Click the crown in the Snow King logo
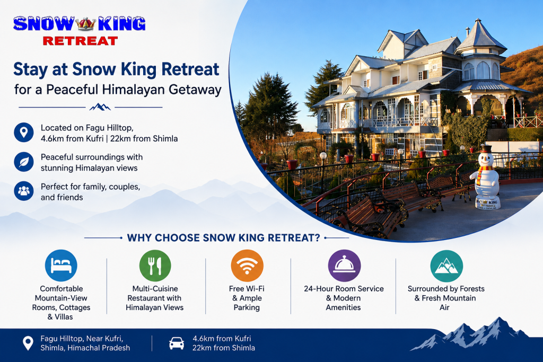pyautogui.click(x=85, y=24)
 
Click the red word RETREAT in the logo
pyautogui.click(x=81, y=41)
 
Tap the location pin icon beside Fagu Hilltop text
pyautogui.click(x=23, y=132)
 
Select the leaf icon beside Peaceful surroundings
pyautogui.click(x=23, y=162)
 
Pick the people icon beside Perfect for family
pyautogui.click(x=23, y=191)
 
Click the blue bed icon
pyautogui.click(x=61, y=266)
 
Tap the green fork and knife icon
pyautogui.click(x=155, y=266)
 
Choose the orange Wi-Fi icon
pyautogui.click(x=247, y=266)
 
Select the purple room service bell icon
pyautogui.click(x=344, y=266)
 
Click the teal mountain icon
pyautogui.click(x=446, y=266)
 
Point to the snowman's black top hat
pyautogui.click(x=486, y=149)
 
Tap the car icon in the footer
pyautogui.click(x=177, y=343)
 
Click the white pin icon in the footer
pyautogui.click(x=28, y=343)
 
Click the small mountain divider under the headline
pyautogui.click(x=100, y=107)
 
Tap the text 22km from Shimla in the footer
pyautogui.click(x=224, y=348)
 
